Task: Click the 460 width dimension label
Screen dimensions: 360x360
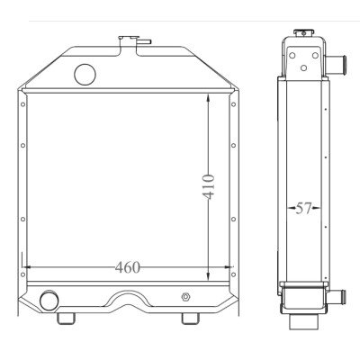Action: (x=128, y=267)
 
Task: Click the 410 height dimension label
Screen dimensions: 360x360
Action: (x=208, y=186)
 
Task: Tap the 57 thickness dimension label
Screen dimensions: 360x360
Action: (x=303, y=208)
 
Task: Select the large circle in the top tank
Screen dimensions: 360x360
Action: (x=85, y=75)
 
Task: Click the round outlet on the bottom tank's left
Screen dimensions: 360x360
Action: (x=49, y=301)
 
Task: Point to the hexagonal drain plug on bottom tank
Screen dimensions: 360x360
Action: (x=185, y=297)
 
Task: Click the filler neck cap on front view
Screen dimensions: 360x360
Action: (x=129, y=38)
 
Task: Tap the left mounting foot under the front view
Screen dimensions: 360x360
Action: (x=66, y=319)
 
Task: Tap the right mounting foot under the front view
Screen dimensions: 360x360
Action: (x=190, y=319)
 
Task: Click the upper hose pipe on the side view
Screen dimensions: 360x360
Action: (x=336, y=63)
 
